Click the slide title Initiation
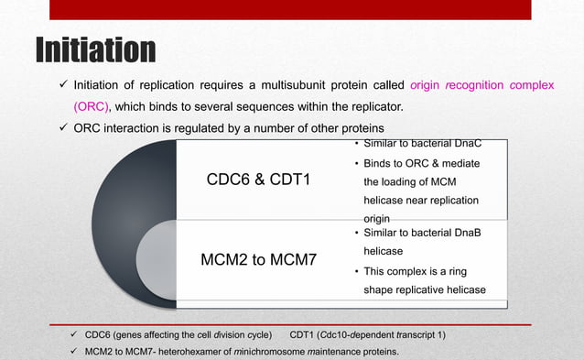click(95, 51)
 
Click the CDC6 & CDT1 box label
click(259, 179)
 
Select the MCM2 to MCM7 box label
click(259, 260)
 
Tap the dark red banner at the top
click(289, 10)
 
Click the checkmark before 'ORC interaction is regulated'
click(56, 126)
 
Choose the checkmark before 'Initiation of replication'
click(56, 85)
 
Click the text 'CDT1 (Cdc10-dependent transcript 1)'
click(367, 334)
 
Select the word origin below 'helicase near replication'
click(376, 219)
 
